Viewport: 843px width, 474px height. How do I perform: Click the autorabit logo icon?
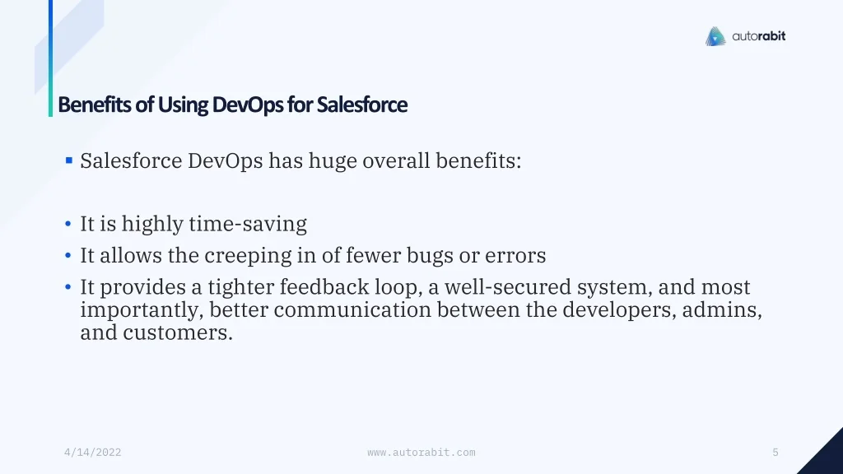pos(715,36)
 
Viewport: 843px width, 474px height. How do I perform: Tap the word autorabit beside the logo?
pos(758,36)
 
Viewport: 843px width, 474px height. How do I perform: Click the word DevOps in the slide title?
pos(248,105)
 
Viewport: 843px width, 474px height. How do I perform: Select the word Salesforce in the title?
pos(362,105)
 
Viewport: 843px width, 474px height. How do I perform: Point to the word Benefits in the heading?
pos(94,105)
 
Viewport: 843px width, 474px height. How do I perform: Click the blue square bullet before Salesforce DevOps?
pos(69,160)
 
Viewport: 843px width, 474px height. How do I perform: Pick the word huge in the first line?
pos(333,161)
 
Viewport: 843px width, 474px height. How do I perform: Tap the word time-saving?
pos(248,224)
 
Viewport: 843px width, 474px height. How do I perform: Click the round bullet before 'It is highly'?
pos(68,224)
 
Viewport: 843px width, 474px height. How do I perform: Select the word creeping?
pos(248,256)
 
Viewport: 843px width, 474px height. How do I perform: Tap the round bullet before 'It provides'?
pos(68,287)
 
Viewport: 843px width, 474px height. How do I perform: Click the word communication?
pos(352,310)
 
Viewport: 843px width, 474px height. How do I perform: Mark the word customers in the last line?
pos(178,332)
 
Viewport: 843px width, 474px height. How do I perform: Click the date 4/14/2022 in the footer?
pos(92,453)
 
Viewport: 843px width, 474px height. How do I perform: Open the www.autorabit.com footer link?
pos(421,453)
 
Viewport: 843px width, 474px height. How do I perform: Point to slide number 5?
pos(775,453)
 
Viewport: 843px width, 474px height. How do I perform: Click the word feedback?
pos(324,287)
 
